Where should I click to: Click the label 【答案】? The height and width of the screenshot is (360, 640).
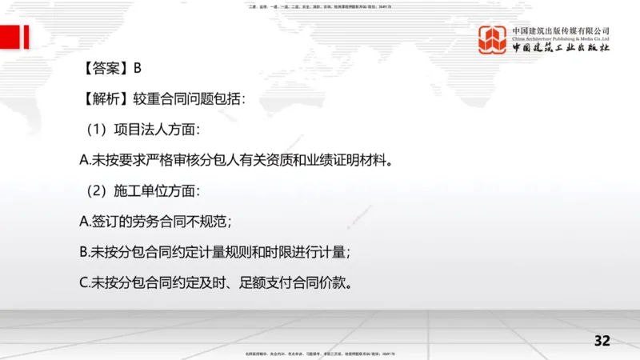[106, 69]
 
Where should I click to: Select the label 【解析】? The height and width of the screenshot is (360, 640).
[106, 99]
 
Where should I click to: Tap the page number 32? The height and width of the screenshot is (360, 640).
[602, 341]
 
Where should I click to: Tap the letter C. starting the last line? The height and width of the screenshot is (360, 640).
[84, 282]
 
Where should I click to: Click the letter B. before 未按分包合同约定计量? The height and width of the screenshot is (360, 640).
[84, 252]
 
